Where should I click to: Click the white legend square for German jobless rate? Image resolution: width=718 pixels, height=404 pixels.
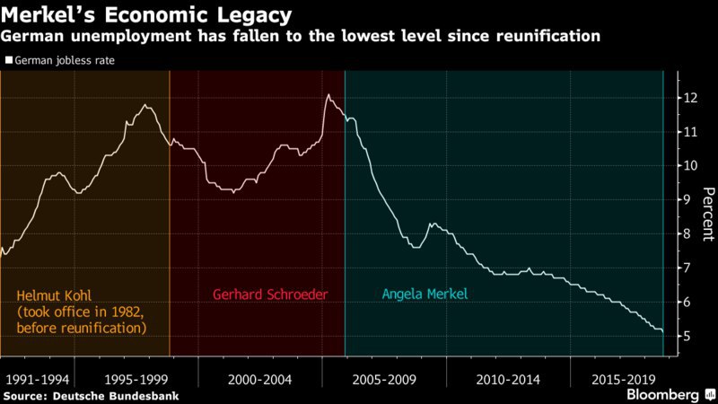tap(8, 61)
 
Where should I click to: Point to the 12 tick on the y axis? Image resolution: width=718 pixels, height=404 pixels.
tap(688, 98)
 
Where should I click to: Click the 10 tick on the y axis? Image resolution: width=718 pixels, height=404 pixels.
tap(688, 166)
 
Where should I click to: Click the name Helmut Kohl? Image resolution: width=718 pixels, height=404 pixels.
tap(55, 294)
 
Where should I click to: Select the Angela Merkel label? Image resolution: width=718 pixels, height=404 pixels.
tap(425, 294)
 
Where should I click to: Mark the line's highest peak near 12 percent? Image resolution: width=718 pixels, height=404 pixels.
tap(328, 95)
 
